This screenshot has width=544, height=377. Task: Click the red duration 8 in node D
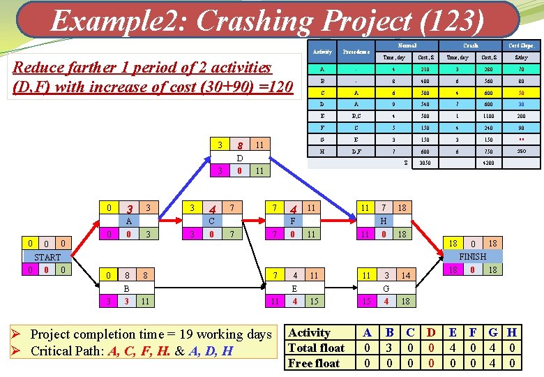239,146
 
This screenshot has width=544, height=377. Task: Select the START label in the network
47,257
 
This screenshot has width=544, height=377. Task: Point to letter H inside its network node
383,221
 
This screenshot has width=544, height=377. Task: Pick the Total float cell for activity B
390,348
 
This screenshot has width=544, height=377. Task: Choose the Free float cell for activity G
493,363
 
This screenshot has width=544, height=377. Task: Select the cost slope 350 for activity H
521,151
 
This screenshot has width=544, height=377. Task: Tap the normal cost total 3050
423,163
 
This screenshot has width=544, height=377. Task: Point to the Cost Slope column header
521,46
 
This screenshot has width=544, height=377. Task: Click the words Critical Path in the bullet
68,350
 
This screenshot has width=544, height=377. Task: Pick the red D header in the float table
431,332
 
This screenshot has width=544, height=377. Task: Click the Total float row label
317,348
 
